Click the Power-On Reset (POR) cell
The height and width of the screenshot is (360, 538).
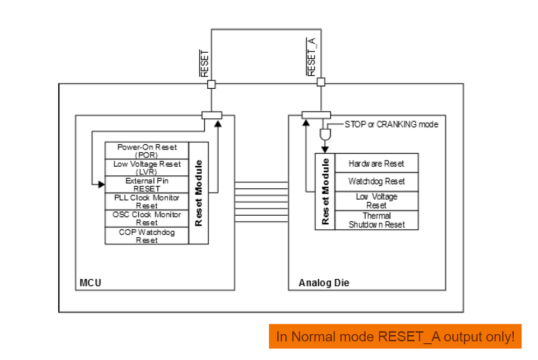point(147,151)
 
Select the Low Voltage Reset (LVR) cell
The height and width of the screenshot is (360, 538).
point(147,167)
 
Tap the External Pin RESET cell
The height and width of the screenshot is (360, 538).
point(147,185)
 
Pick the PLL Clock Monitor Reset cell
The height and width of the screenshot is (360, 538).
point(147,201)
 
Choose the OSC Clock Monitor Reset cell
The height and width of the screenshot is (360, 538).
point(147,218)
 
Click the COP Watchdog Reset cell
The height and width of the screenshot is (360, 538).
point(147,236)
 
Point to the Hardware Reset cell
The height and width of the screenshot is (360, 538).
point(376,164)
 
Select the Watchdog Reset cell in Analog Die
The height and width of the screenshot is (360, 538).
point(376,181)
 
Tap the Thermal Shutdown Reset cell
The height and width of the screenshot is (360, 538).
point(376,220)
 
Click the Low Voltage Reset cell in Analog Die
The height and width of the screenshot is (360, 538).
point(376,201)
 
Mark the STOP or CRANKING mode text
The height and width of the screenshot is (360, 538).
point(391,124)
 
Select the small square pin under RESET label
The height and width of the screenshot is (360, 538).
point(212,84)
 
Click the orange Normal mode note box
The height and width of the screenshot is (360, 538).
point(395,337)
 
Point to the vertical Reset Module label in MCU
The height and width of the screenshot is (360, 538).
point(199,193)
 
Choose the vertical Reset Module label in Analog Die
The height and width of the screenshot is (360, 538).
point(325,192)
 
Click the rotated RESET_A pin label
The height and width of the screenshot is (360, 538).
point(311,57)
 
